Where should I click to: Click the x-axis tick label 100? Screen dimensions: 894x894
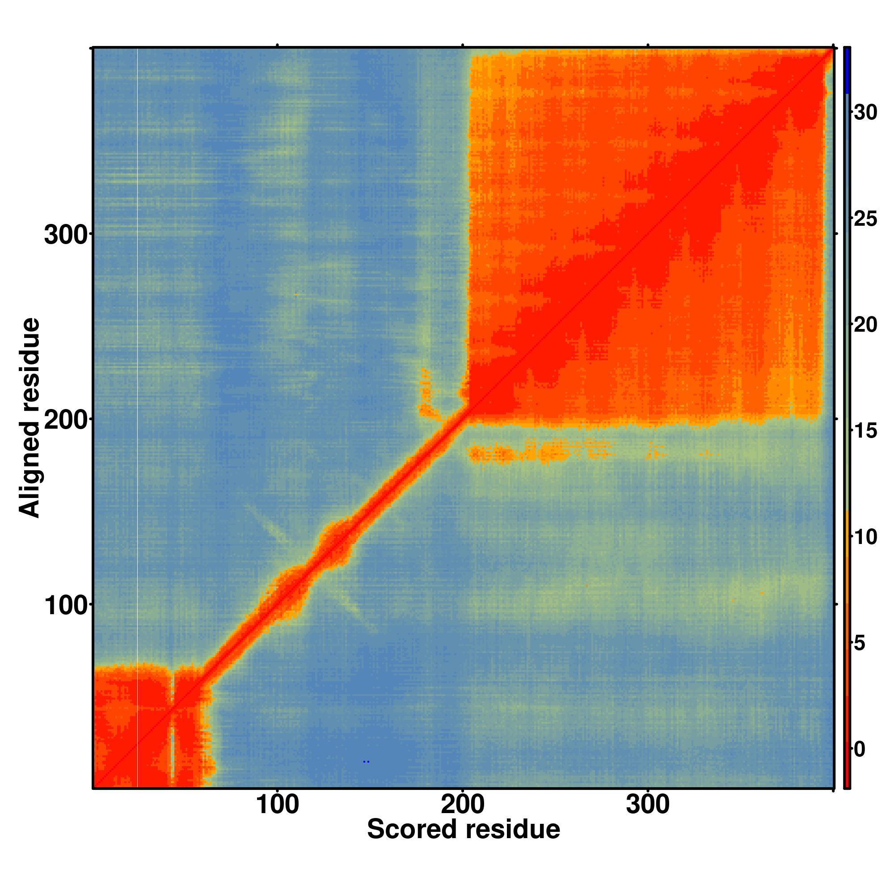coord(277,805)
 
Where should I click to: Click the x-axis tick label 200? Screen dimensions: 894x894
coord(462,805)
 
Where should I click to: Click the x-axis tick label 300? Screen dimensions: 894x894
coord(647,805)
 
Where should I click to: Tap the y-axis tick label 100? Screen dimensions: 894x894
coord(66,606)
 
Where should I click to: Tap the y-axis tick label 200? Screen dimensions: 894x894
coord(66,421)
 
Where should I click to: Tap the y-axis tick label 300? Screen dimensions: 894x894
coord(66,235)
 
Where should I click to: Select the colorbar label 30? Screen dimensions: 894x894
coord(865,113)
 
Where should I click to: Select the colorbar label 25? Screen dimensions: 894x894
coord(865,219)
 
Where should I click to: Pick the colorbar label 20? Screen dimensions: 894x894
coord(865,325)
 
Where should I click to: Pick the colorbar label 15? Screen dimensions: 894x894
coord(865,431)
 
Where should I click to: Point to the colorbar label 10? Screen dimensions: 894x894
coord(865,537)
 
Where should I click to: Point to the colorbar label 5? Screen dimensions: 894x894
coord(860,643)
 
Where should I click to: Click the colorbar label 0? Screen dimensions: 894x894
coord(860,749)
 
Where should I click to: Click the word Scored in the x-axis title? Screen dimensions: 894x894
coord(411,829)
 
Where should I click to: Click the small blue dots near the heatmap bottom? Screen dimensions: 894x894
coord(366,762)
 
